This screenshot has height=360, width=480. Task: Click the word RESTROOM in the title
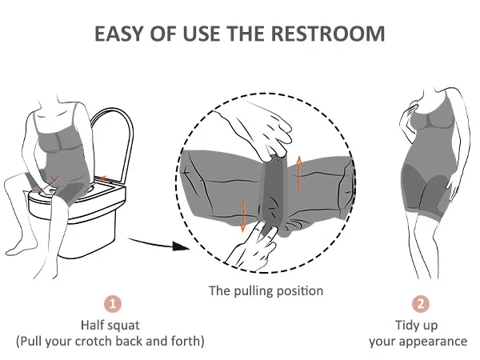point(328,34)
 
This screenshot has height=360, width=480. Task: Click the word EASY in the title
point(118,34)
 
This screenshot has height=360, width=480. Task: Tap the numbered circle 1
point(113,304)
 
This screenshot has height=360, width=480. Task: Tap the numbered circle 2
point(421,304)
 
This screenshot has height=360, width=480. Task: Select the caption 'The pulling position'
point(266,290)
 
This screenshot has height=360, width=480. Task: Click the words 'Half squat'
point(110,325)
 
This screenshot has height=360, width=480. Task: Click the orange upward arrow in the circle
point(299,174)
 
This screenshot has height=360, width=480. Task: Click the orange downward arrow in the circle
point(243,215)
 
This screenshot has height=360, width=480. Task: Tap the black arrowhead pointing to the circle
point(181,246)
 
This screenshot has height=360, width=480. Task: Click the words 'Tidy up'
point(416,326)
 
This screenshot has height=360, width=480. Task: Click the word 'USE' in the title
point(201,34)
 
